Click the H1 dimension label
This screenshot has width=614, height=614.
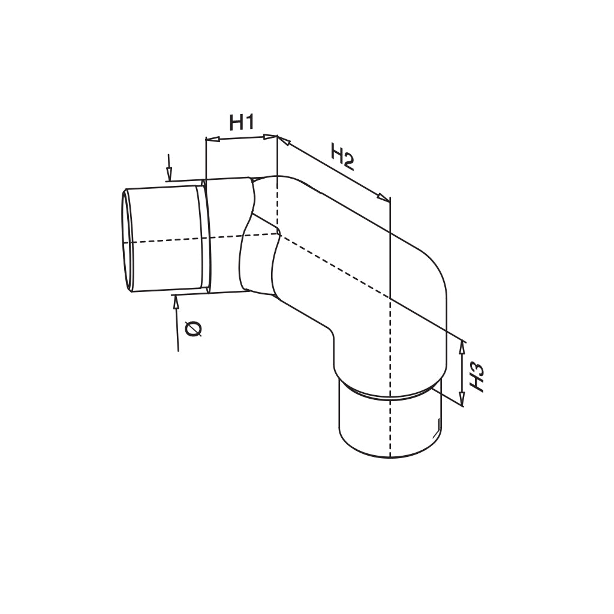(242, 123)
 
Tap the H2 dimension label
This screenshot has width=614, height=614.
(342, 158)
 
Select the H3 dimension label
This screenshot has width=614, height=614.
(477, 377)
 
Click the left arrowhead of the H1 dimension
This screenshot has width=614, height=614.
(210, 140)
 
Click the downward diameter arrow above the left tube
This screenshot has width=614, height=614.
(170, 173)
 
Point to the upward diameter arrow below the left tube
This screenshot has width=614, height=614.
(176, 302)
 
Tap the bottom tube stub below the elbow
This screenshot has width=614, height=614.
(390, 426)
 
